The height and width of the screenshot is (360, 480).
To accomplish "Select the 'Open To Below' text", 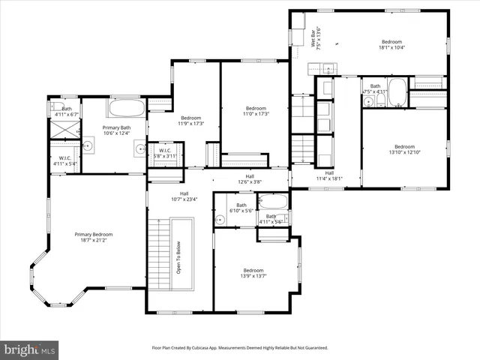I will coord(179,258).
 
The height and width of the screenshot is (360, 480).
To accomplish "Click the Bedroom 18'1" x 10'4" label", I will coord(392,44).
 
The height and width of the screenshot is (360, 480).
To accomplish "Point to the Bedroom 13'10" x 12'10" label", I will coord(404,149).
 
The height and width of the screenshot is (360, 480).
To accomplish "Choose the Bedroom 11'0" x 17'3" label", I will coord(256,110).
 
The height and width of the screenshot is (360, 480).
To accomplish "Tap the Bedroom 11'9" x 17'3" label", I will coord(191,121).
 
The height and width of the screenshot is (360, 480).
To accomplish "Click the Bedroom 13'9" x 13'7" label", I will coord(253,273).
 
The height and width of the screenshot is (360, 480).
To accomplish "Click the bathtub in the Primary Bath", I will coord(126,108).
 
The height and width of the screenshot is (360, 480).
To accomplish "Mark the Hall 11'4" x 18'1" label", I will coord(328,175).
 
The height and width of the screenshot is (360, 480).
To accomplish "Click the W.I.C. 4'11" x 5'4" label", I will coord(65,160).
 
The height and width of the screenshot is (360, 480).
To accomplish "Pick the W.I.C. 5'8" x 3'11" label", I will coord(163,153).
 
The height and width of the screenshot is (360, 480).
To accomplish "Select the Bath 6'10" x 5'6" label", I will coord(241,208).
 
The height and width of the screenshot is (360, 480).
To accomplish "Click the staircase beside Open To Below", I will coord(160,255).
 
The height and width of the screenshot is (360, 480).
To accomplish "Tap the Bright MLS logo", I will coord(30,349).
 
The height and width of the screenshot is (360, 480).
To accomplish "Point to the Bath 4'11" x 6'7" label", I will coord(67,111).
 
